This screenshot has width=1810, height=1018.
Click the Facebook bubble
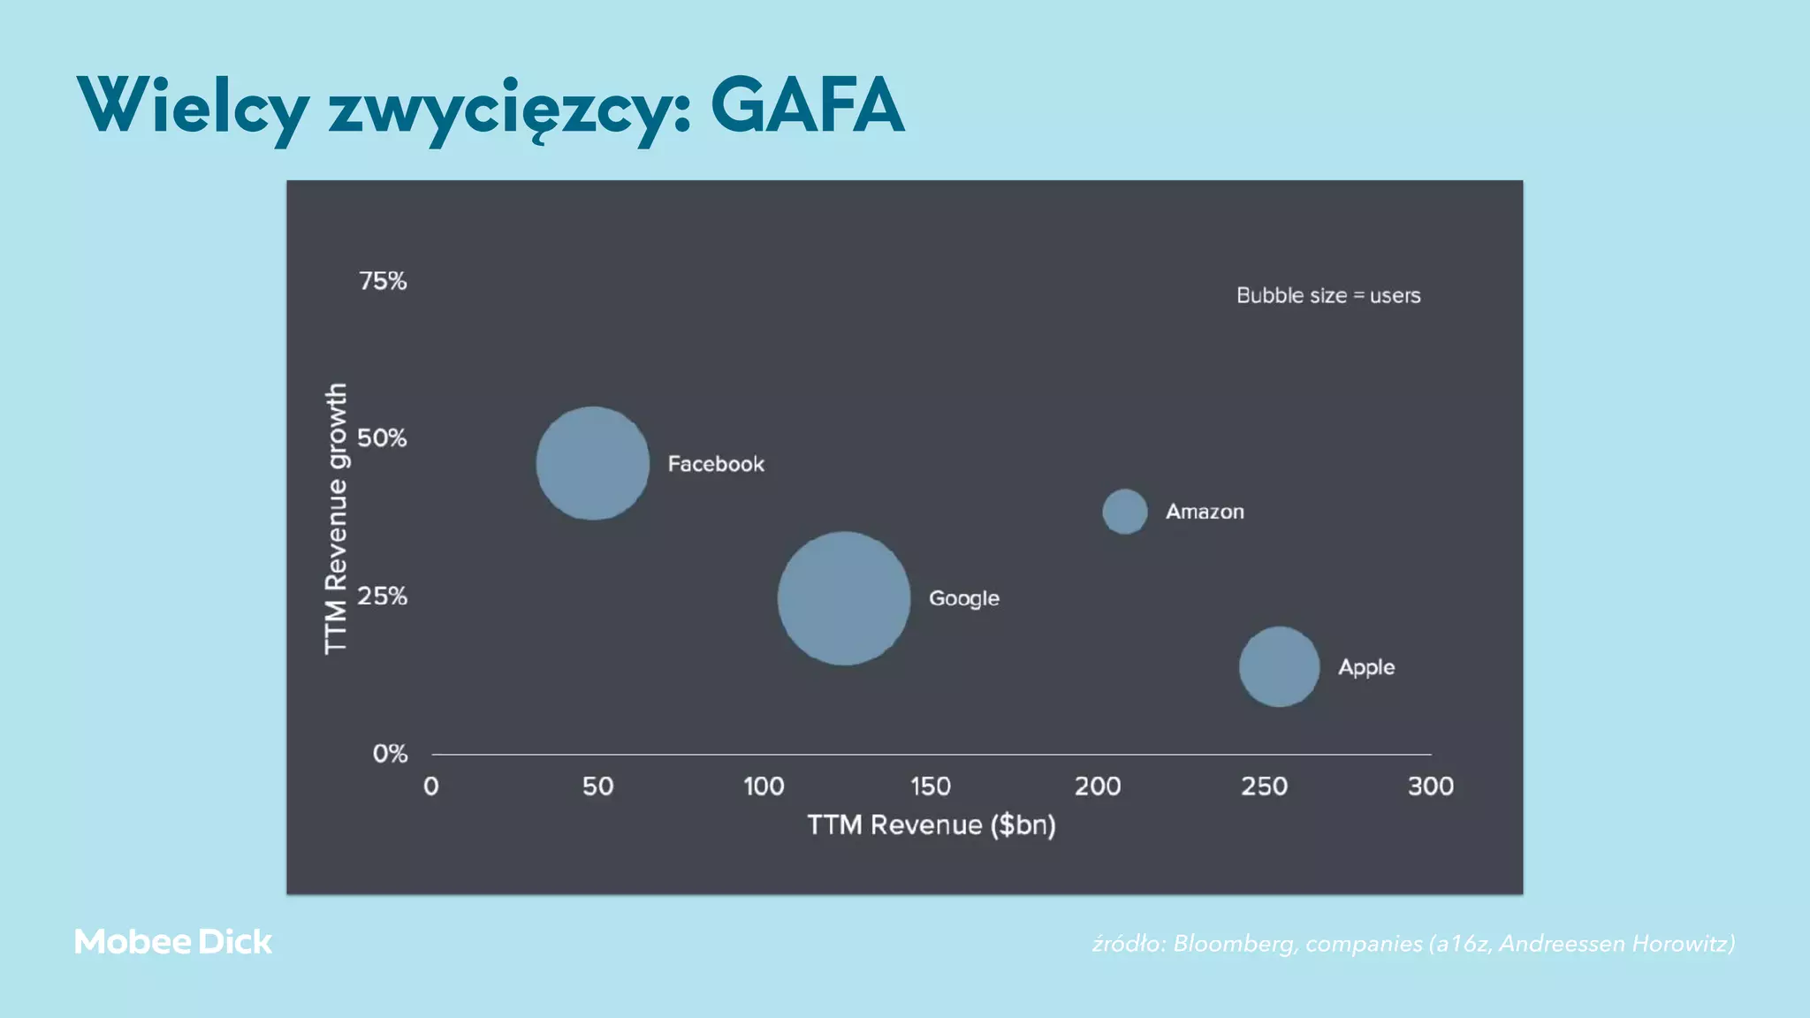[592, 463]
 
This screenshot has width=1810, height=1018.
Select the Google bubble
[844, 598]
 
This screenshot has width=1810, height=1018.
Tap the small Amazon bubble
[1125, 512]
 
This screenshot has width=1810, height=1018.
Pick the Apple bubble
[1279, 666]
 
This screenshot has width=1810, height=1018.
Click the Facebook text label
[716, 464]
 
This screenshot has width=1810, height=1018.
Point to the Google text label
[963, 598]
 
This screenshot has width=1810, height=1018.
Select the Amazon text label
[1205, 512]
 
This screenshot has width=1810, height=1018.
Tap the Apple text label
[1366, 667]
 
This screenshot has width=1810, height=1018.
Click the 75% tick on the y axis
[383, 281]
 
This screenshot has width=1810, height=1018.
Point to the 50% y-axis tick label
[382, 438]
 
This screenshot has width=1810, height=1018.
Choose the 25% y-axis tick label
[382, 596]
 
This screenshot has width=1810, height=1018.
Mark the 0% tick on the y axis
[390, 754]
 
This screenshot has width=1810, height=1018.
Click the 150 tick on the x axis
[931, 786]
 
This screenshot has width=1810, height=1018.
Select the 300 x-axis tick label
[1430, 786]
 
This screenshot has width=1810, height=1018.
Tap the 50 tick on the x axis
[597, 786]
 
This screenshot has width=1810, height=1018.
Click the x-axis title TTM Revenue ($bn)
[932, 825]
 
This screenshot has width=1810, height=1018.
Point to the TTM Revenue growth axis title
[336, 519]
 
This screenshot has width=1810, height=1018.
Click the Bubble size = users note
[1328, 295]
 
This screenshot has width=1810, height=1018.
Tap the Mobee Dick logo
[173, 942]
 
